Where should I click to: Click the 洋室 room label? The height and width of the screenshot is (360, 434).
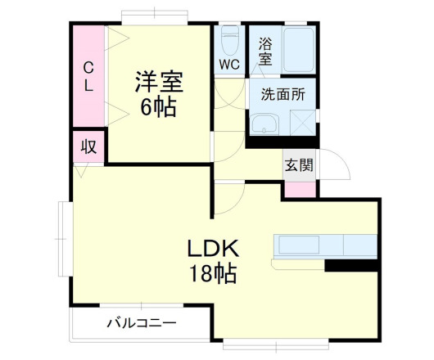[x=159, y=83]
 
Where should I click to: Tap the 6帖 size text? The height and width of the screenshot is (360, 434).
[x=159, y=107]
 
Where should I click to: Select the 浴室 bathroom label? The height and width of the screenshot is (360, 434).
[x=265, y=52]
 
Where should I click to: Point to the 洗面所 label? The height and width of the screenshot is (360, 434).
[x=283, y=94]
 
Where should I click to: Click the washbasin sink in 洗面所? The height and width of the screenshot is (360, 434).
[x=265, y=124]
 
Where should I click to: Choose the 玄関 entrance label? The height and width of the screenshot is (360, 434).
[x=298, y=165]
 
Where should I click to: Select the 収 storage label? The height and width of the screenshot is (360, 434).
[x=88, y=148]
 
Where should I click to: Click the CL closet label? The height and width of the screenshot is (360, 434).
[x=88, y=74]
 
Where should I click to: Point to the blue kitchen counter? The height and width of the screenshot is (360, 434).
[x=323, y=245]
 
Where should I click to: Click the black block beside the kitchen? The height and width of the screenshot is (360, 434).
[x=350, y=265]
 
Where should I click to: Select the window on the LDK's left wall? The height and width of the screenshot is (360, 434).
[x=62, y=237]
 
